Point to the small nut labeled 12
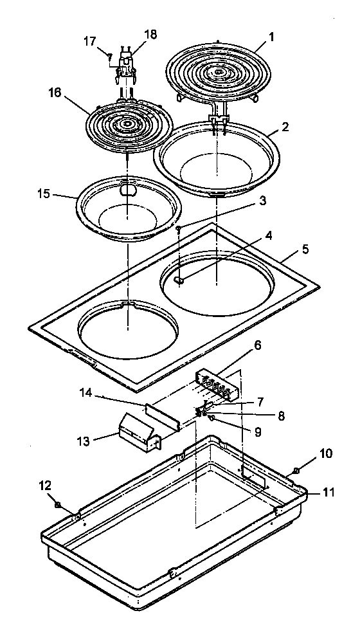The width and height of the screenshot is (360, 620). click(x=58, y=505)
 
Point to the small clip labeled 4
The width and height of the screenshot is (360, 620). click(x=181, y=280)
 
